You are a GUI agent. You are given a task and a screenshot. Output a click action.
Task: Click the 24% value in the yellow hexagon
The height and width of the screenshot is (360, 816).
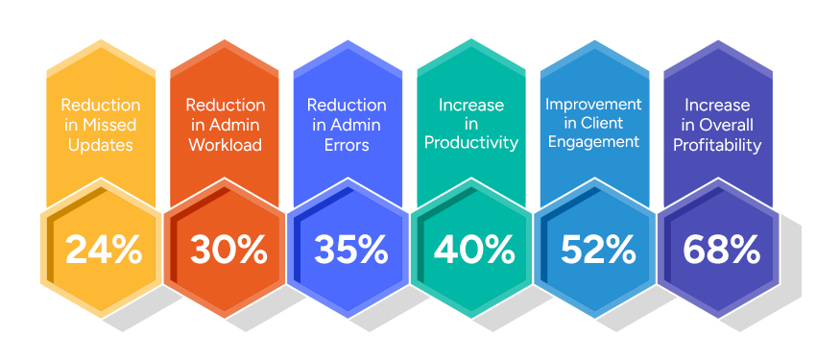click(x=104, y=251)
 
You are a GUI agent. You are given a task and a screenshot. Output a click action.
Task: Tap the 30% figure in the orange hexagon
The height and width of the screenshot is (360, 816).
click(x=228, y=251)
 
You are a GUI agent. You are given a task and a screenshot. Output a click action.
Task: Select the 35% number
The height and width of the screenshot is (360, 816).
click(x=350, y=251)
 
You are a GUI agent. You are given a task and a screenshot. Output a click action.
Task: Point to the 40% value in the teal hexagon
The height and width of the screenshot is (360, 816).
click(x=474, y=251)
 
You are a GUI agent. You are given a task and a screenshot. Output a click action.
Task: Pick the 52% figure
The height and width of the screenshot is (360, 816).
click(x=597, y=251)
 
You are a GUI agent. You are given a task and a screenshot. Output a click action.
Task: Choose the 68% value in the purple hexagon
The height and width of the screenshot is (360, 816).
click(x=721, y=251)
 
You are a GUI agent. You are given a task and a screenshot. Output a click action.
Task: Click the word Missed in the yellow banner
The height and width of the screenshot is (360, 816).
click(x=111, y=126)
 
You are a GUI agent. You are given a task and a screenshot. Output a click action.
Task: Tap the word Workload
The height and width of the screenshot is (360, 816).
click(x=224, y=146)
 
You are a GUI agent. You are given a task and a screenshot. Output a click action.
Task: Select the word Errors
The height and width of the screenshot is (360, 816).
click(x=347, y=146)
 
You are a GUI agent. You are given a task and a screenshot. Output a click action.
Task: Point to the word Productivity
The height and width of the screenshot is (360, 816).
click(x=470, y=143)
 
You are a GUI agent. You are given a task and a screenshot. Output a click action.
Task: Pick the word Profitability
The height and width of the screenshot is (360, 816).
click(x=717, y=146)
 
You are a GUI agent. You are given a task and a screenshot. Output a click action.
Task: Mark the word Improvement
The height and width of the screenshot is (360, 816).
click(x=593, y=104)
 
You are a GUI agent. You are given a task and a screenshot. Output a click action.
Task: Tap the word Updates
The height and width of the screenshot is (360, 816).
click(x=100, y=146)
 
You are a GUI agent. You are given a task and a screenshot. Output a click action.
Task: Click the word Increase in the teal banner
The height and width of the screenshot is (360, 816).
click(x=470, y=104)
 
